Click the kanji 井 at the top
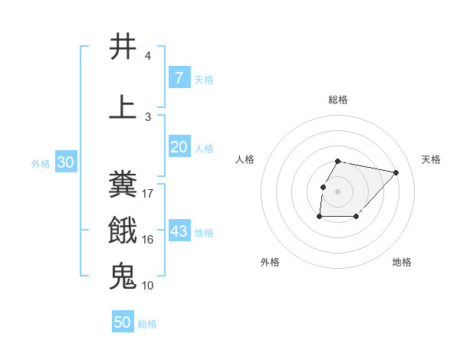123,47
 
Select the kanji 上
123,107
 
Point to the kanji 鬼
123,276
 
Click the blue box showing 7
179,78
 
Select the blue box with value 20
179,147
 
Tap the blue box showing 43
179,231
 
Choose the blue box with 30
65,163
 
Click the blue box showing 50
123,322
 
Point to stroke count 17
148,194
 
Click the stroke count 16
148,240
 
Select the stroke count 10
148,286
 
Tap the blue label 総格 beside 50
147,324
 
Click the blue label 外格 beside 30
41,164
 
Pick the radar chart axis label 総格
337,100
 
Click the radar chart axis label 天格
431,159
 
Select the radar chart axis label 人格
245,159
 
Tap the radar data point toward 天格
396,172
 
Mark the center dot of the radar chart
337,191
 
